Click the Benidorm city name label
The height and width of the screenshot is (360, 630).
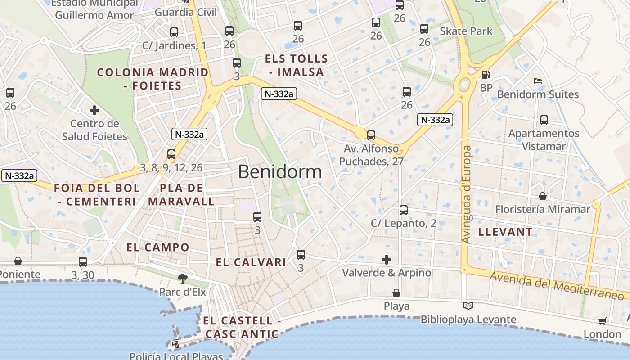click(x=280, y=172)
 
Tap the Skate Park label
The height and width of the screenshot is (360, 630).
click(x=466, y=31)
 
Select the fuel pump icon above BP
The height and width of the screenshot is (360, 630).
click(x=486, y=75)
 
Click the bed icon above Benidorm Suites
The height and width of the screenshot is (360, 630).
click(x=537, y=81)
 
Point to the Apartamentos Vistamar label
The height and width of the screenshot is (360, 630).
click(x=544, y=140)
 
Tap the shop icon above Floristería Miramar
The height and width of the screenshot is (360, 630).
click(x=543, y=197)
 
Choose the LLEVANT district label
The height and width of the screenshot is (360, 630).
click(x=505, y=232)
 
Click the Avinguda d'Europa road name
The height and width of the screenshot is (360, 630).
click(x=467, y=194)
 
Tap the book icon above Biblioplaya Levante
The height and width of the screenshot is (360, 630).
click(x=468, y=306)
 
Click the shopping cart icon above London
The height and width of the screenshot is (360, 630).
click(x=603, y=321)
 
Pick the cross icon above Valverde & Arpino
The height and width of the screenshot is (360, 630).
click(x=387, y=260)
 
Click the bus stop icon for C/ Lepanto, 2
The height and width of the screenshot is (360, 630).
click(x=404, y=210)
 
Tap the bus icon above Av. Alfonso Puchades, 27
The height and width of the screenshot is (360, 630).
click(x=371, y=135)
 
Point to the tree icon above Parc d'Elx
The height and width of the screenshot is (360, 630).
click(x=182, y=279)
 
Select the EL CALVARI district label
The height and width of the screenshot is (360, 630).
click(x=251, y=262)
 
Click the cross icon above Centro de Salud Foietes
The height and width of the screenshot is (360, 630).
click(x=94, y=110)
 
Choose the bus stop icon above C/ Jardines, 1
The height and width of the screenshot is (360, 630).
click(x=174, y=32)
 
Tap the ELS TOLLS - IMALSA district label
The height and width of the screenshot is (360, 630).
click(x=297, y=65)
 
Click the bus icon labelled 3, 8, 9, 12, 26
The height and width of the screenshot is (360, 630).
click(x=171, y=154)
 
